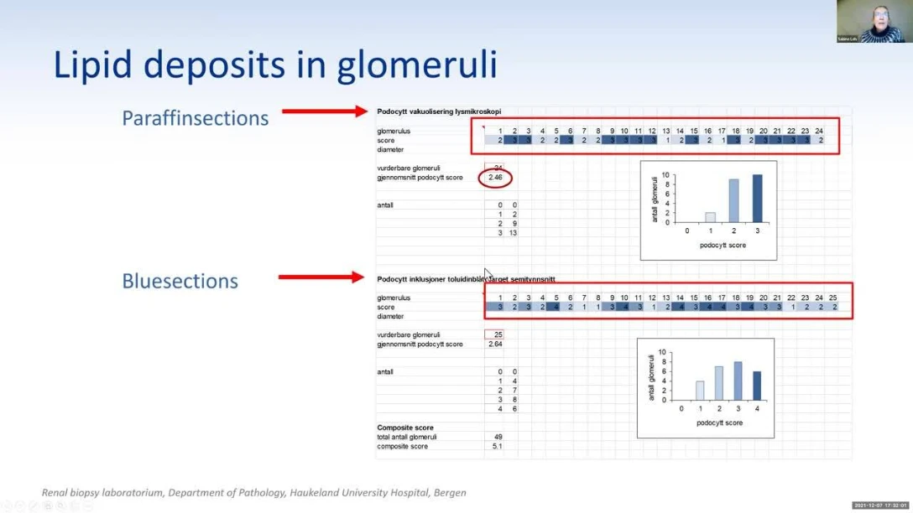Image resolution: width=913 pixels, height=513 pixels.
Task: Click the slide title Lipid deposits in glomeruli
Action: tap(275, 65)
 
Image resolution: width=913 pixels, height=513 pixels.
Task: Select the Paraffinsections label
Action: tap(196, 118)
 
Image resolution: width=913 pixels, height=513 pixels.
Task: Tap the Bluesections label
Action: tap(180, 281)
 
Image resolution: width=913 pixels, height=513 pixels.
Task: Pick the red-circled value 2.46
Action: tap(495, 178)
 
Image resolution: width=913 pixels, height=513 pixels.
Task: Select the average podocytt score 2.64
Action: tap(494, 345)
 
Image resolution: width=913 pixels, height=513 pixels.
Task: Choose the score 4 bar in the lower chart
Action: tap(756, 386)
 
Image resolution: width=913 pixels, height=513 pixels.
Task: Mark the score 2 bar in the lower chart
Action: tap(718, 382)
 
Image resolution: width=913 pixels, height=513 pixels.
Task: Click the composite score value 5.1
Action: tap(497, 447)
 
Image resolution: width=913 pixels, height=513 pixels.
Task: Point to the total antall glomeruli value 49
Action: tap(497, 437)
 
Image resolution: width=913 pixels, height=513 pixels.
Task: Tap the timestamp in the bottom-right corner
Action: tap(880, 505)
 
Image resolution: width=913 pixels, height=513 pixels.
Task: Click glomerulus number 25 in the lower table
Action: tap(832, 298)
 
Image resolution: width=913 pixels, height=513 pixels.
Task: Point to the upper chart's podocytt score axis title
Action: tap(722, 245)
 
